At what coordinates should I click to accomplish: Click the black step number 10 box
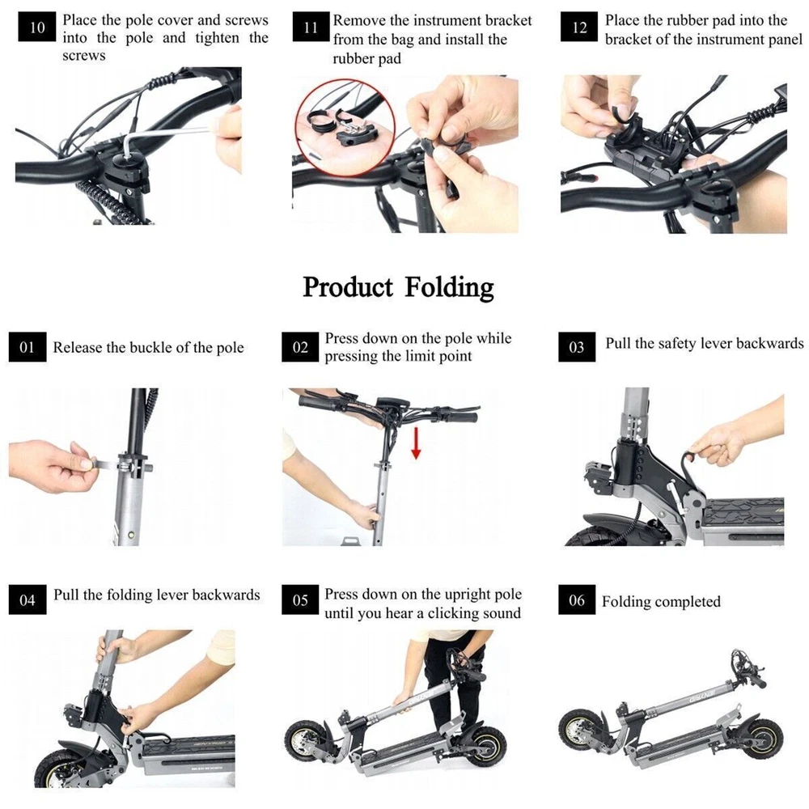36,27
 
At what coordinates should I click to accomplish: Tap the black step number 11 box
311,27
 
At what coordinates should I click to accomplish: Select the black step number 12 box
579,27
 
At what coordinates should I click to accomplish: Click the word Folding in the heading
449,288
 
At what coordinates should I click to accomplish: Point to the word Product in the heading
347,287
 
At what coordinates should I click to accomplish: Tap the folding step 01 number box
28,347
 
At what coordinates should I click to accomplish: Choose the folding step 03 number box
577,347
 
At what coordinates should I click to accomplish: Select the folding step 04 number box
28,599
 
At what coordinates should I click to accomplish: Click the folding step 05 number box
300,599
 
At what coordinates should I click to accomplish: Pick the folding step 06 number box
577,599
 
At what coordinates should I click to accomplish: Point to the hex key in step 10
170,135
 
